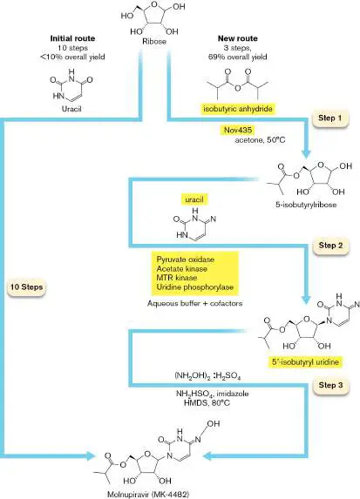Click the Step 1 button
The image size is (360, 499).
[x=329, y=118]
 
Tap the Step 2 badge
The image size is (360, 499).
[x=330, y=246]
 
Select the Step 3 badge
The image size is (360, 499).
[x=330, y=385]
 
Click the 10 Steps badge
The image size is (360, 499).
[x=26, y=287]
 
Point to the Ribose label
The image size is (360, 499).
[x=154, y=42]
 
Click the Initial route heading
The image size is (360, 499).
[x=72, y=38]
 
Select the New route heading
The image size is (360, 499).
[x=238, y=38]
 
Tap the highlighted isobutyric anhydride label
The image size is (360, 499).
[x=238, y=109]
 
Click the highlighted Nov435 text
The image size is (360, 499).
[x=238, y=130]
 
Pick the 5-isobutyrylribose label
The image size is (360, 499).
[x=306, y=205]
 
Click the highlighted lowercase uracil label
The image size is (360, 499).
[x=194, y=199]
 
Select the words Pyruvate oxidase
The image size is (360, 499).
[x=186, y=260]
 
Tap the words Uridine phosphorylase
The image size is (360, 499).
[x=195, y=287]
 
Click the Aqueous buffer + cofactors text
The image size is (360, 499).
[x=194, y=303]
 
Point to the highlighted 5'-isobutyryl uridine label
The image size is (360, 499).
[x=305, y=362]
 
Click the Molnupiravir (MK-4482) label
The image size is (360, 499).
[x=148, y=495]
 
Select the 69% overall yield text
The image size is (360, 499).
[x=238, y=57]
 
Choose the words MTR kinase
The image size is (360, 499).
[x=176, y=278]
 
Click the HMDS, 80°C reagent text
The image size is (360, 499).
[x=207, y=403]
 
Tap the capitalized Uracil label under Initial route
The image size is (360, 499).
[x=71, y=109]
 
